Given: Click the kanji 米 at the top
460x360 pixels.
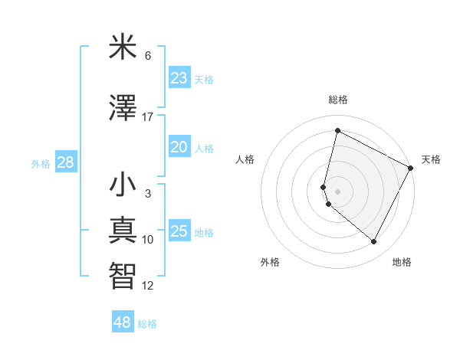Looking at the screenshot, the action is click(x=123, y=48).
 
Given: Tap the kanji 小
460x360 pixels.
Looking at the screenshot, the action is click(x=123, y=186).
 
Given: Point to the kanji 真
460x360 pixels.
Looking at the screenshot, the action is click(x=123, y=231).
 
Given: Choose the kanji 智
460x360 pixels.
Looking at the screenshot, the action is click(x=123, y=275).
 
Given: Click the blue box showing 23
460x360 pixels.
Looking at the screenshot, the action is click(x=179, y=78).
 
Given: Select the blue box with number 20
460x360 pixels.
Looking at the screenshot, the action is click(x=179, y=147).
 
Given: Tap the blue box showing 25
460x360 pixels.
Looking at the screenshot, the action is click(x=179, y=231).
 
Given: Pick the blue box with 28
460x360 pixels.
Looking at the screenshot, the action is click(x=65, y=162).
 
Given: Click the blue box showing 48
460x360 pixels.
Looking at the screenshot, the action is click(x=123, y=322).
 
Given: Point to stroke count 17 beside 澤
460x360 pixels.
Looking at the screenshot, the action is click(x=148, y=117).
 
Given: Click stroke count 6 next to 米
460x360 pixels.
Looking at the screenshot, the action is click(x=148, y=56).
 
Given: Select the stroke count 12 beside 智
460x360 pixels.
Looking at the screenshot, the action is click(x=148, y=286).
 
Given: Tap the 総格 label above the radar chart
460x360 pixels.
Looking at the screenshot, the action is click(x=337, y=100).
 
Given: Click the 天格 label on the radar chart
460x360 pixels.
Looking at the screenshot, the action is click(x=431, y=159).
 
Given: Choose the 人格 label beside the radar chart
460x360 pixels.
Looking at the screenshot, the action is click(x=245, y=159).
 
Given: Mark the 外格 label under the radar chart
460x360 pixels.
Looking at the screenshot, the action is click(x=270, y=262).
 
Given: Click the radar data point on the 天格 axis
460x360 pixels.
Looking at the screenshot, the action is click(x=411, y=168).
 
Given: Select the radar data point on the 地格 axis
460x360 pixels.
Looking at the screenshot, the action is click(x=374, y=242).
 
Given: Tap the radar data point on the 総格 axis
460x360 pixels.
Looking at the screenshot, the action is click(x=337, y=130).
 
